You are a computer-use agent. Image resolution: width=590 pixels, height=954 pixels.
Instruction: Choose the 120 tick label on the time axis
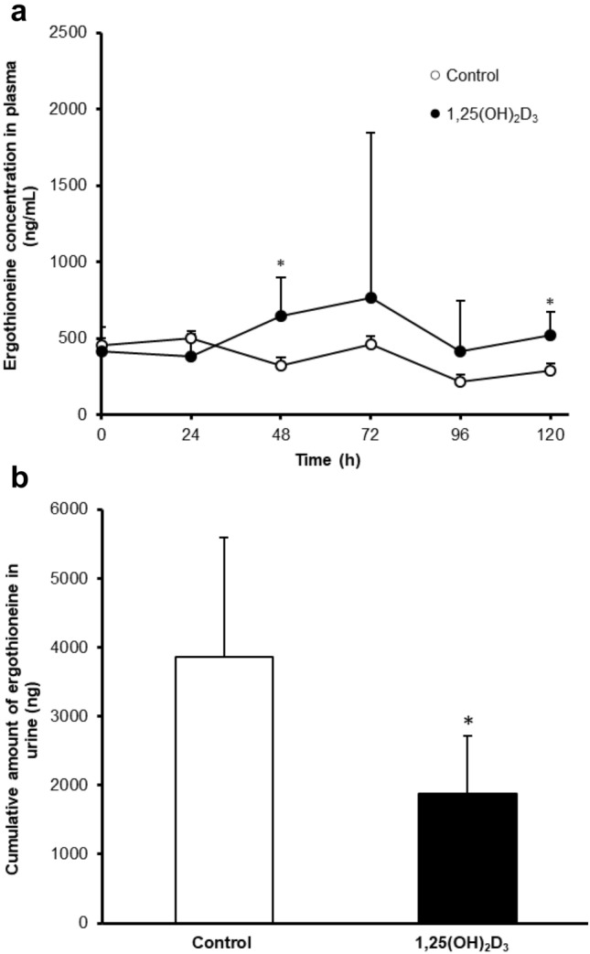coord(550,435)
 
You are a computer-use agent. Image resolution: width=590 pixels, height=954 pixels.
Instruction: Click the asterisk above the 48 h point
coord(281,264)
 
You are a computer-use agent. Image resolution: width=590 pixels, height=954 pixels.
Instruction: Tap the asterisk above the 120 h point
coord(551,301)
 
